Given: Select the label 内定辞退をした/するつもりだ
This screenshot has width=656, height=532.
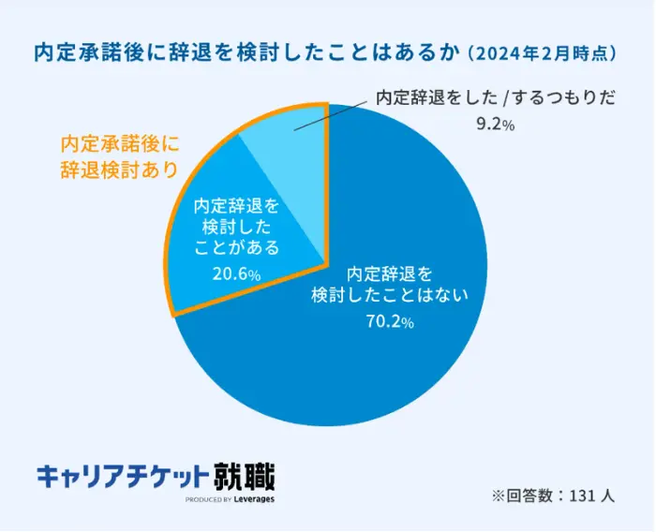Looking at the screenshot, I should coord(496,97).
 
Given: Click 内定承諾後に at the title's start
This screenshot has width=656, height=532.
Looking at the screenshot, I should coord(85,53).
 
